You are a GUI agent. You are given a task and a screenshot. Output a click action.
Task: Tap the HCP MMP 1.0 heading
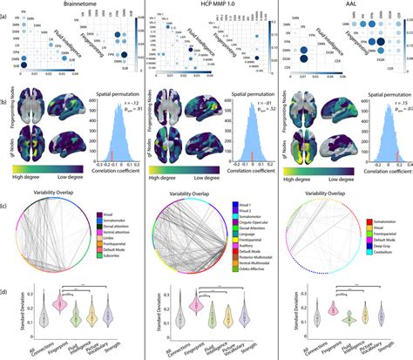[206, 5]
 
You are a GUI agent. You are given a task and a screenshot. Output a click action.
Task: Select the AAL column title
[344, 5]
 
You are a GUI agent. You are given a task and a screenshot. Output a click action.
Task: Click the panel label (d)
[6, 279]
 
